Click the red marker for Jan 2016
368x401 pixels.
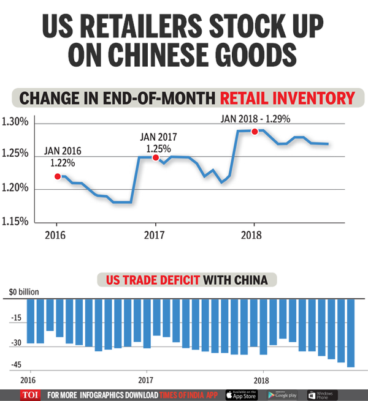[57, 176]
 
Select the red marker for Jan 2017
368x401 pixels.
[156, 158]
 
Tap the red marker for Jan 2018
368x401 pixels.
[255, 132]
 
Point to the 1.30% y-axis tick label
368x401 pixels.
[15, 122]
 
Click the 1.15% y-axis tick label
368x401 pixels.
[15, 221]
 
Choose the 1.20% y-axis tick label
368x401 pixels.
[15, 188]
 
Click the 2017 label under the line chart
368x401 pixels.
[155, 234]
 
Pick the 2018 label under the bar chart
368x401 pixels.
[263, 380]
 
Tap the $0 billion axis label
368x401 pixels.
[20, 293]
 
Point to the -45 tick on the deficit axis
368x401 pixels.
[15, 364]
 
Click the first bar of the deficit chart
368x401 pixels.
[31, 321]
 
